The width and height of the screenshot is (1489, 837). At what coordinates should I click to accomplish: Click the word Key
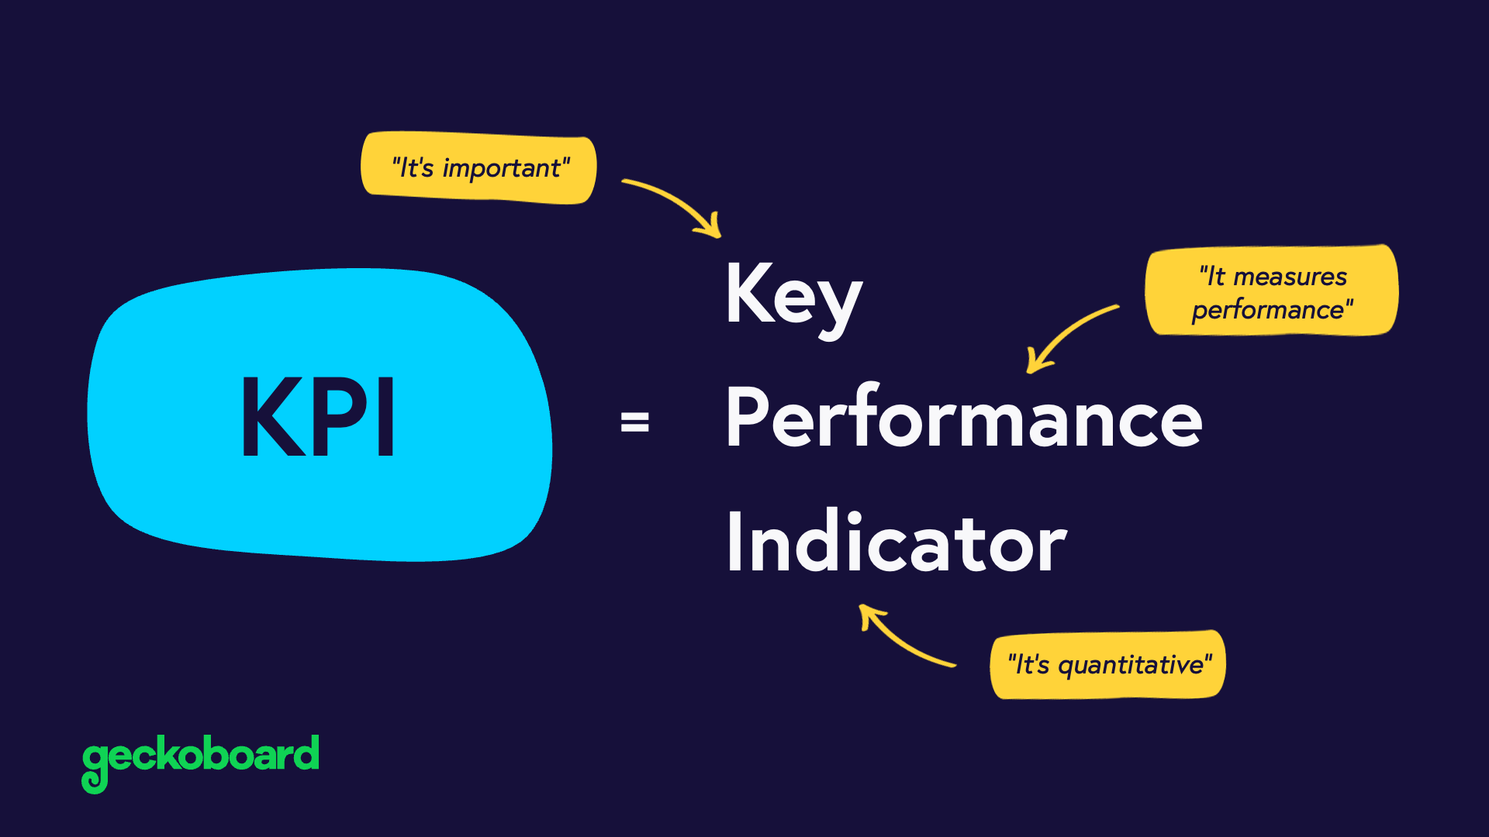[x=793, y=294]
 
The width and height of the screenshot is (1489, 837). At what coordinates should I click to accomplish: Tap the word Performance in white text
[x=963, y=418]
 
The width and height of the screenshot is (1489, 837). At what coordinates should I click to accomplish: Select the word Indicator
[x=897, y=542]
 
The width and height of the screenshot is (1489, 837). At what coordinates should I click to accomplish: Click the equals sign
[x=634, y=422]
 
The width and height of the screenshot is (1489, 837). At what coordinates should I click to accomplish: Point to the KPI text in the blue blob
[x=319, y=416]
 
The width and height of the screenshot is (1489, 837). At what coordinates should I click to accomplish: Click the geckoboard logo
[x=200, y=759]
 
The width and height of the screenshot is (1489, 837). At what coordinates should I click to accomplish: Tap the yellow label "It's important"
[x=479, y=168]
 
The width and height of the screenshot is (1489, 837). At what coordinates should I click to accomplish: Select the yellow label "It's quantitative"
[x=1108, y=665]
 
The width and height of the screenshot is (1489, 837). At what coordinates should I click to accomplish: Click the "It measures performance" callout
[x=1272, y=292]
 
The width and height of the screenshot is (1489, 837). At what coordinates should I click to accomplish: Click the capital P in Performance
[x=746, y=416]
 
